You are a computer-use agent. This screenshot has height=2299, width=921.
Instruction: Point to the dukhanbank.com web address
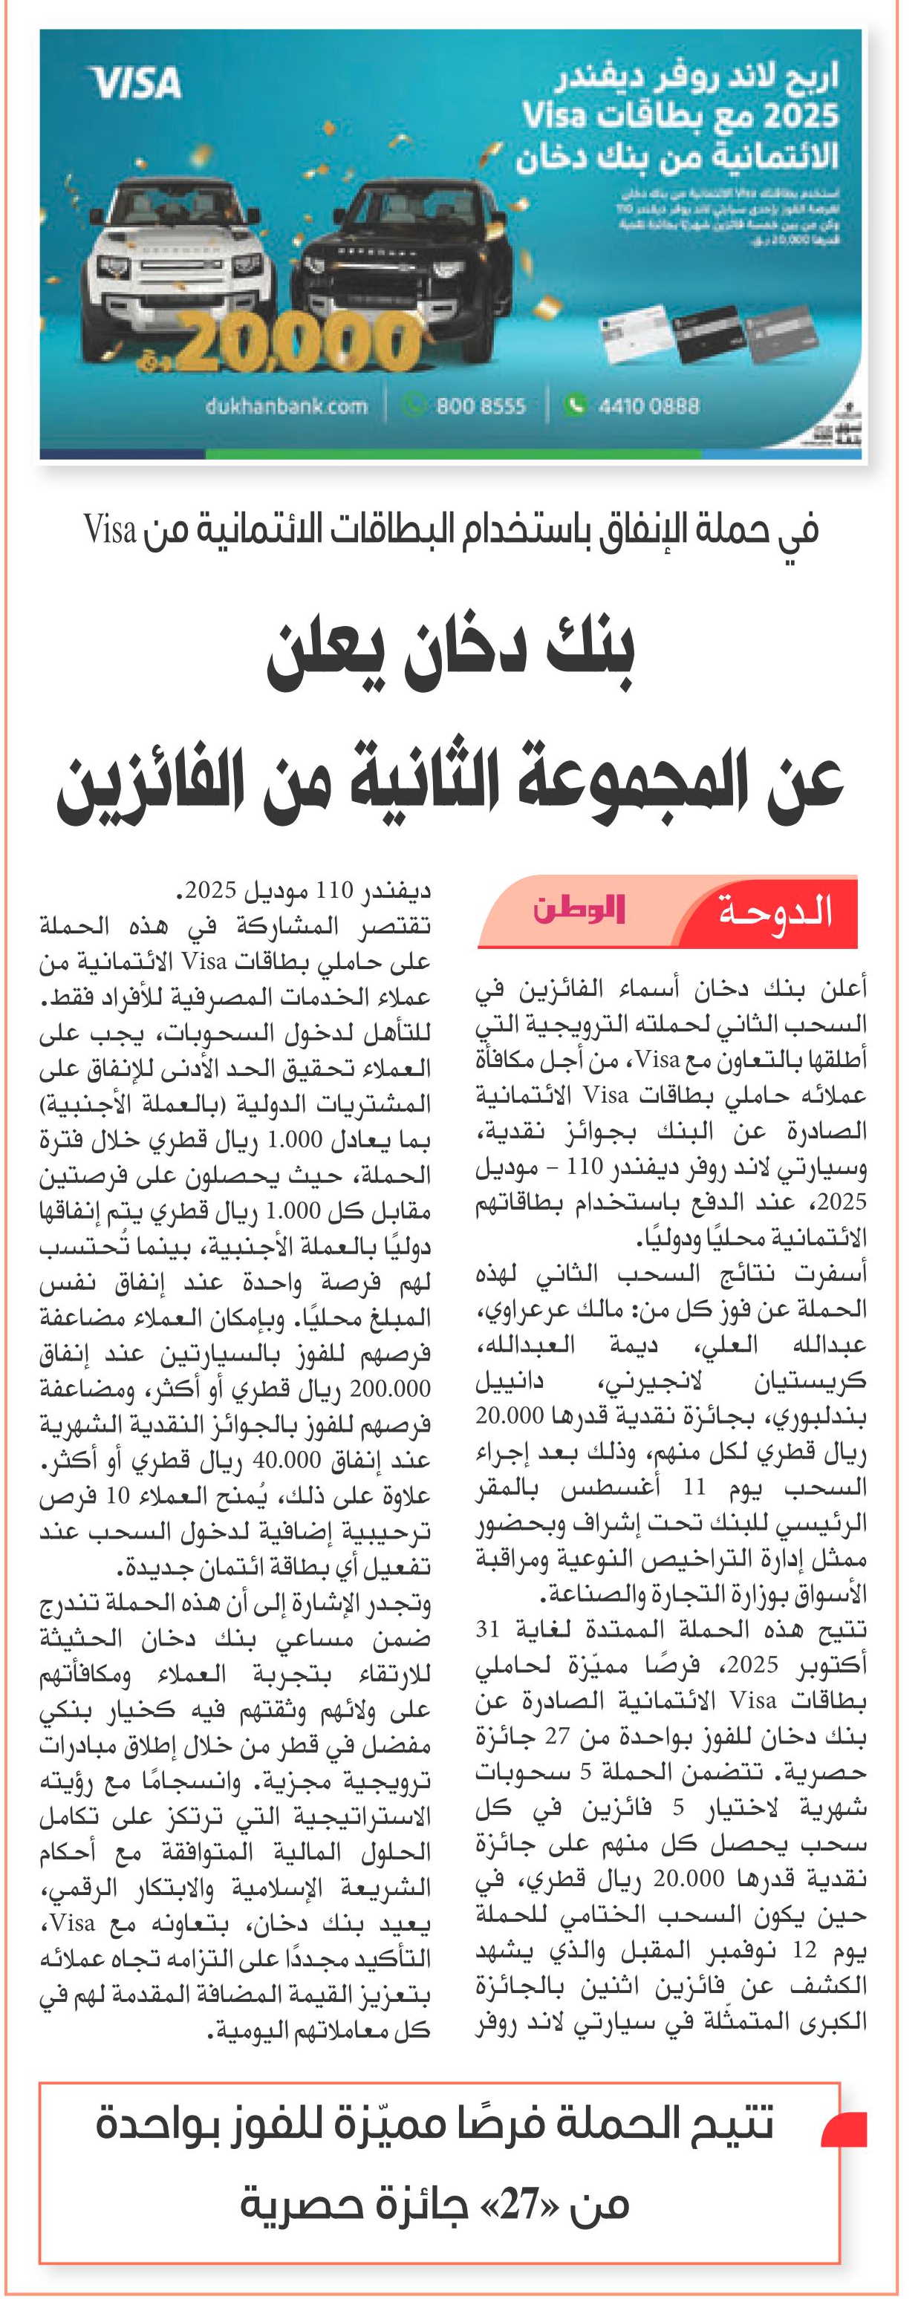pyautogui.click(x=285, y=406)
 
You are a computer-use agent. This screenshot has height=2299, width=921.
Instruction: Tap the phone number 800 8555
pyautogui.click(x=480, y=406)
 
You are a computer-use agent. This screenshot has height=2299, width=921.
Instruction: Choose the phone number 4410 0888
pyautogui.click(x=649, y=406)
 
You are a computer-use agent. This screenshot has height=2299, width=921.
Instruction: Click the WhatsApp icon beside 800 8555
pyautogui.click(x=413, y=405)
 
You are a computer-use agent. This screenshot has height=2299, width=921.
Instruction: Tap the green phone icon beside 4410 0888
pyautogui.click(x=575, y=405)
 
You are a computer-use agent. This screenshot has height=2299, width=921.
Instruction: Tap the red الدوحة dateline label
pyautogui.click(x=775, y=911)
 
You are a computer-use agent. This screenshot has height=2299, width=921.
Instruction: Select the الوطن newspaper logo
pyautogui.click(x=579, y=910)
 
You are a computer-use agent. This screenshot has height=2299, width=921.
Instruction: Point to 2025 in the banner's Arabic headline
pyautogui.click(x=798, y=116)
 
